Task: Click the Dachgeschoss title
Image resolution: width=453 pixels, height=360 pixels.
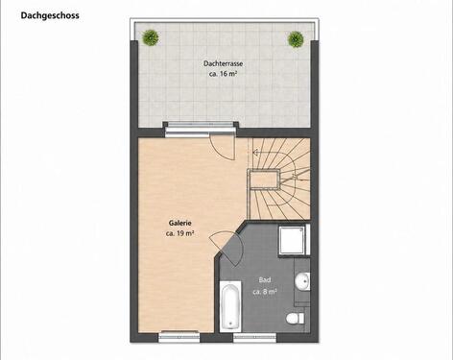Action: click(x=50, y=15)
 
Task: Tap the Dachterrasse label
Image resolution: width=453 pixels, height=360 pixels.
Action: click(x=223, y=63)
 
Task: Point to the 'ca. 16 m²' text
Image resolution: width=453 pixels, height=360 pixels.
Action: click(x=223, y=74)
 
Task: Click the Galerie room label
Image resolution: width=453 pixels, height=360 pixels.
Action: click(x=180, y=223)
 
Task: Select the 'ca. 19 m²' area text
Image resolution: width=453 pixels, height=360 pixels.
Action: click(x=180, y=233)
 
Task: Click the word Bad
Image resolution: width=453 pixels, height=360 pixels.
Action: click(x=265, y=280)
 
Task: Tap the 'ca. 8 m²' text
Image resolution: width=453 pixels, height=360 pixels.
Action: click(x=265, y=292)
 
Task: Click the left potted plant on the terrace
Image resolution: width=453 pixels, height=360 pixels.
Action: click(x=151, y=37)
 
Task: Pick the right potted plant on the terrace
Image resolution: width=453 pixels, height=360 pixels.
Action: click(x=296, y=39)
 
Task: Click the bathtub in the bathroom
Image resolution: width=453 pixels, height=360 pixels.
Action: click(x=230, y=306)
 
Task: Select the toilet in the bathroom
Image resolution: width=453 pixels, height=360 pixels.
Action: click(x=295, y=319)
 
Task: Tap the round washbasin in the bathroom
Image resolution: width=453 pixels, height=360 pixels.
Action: click(x=302, y=281)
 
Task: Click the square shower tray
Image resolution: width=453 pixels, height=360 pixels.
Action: click(x=292, y=240)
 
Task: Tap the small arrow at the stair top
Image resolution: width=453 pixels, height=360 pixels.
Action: click(x=255, y=153)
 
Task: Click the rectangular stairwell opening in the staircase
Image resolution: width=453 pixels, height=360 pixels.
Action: click(x=263, y=180)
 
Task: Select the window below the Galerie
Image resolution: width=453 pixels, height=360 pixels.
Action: click(x=179, y=337)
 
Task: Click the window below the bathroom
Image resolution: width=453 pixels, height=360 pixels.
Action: click(x=254, y=337)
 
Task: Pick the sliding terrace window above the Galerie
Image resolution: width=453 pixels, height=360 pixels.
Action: click(x=200, y=129)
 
